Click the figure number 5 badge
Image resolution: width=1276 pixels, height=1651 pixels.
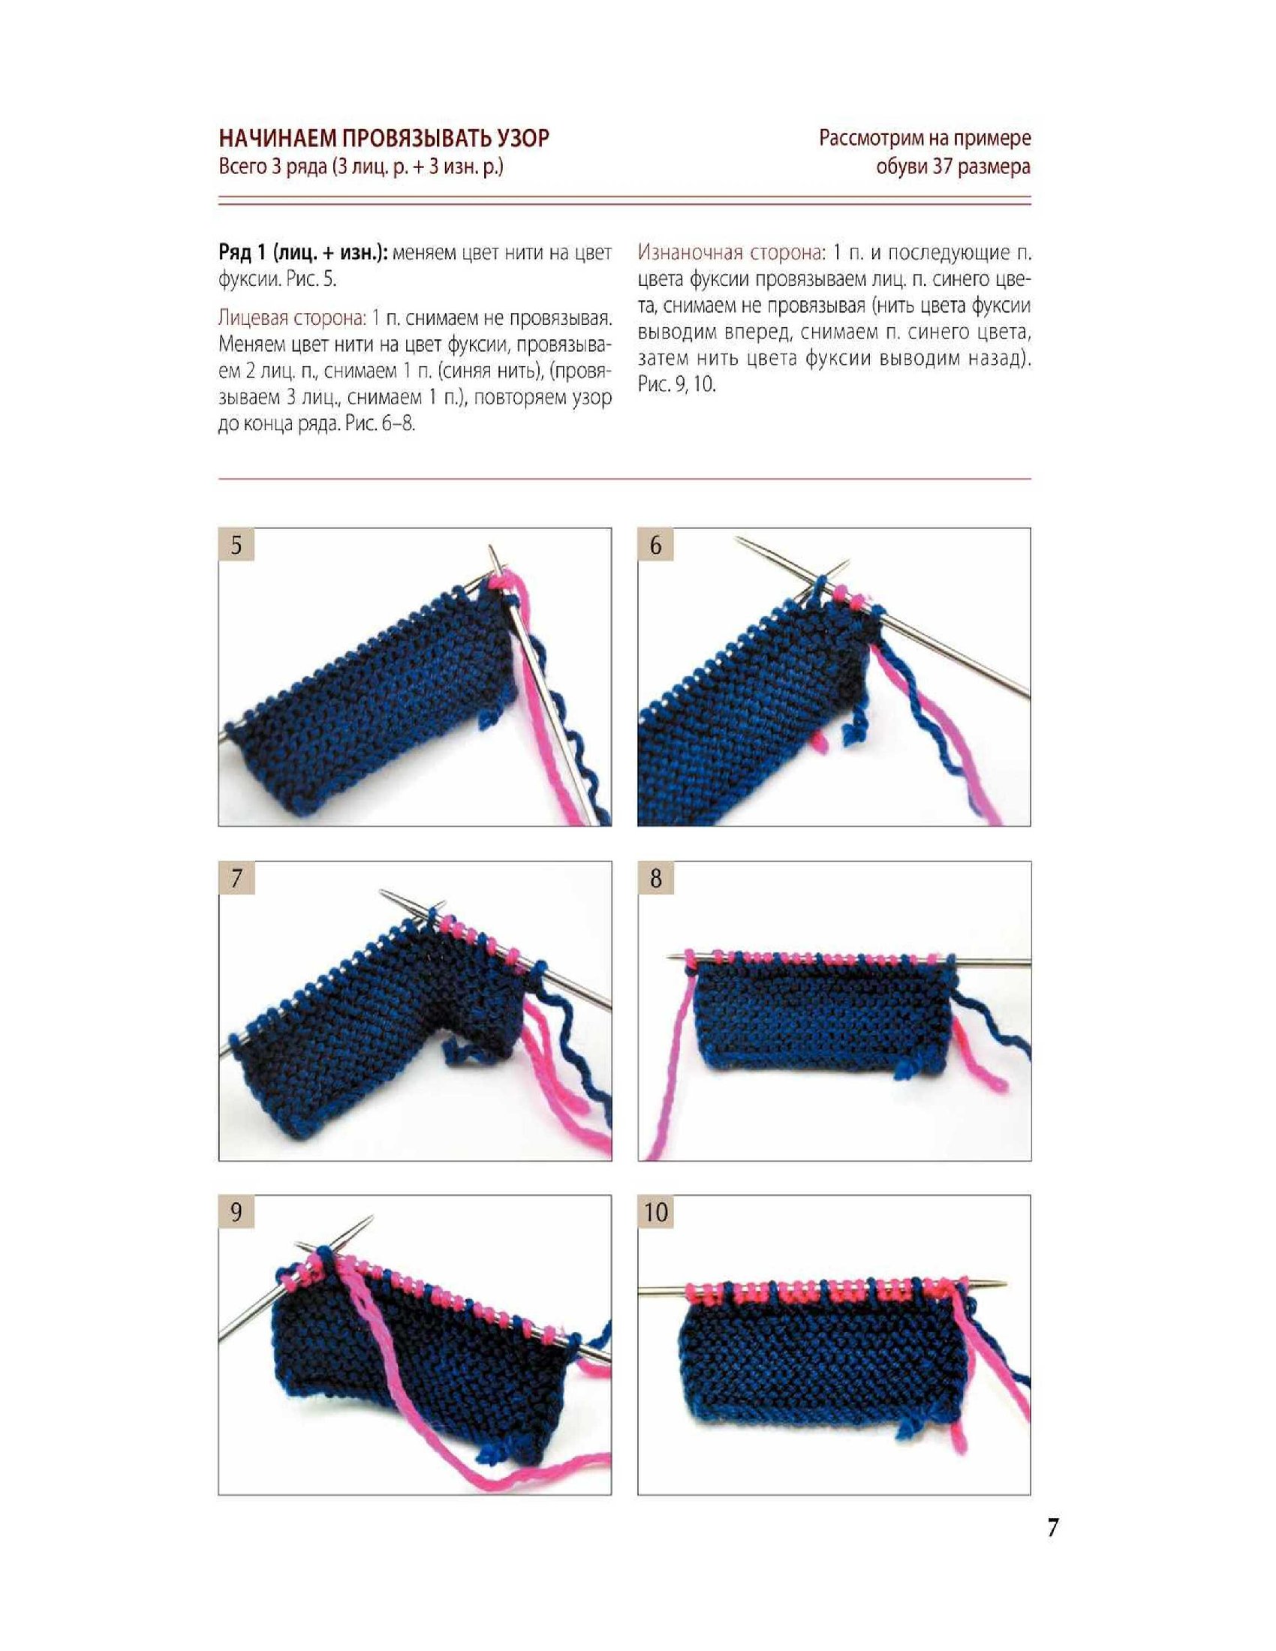(236, 545)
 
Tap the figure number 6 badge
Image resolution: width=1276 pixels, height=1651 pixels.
(655, 545)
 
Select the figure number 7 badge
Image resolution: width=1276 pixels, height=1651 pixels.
(236, 879)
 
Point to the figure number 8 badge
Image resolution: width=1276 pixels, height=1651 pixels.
(655, 879)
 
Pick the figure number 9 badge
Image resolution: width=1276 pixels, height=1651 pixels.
(236, 1212)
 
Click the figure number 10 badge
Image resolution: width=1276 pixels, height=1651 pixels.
(655, 1212)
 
